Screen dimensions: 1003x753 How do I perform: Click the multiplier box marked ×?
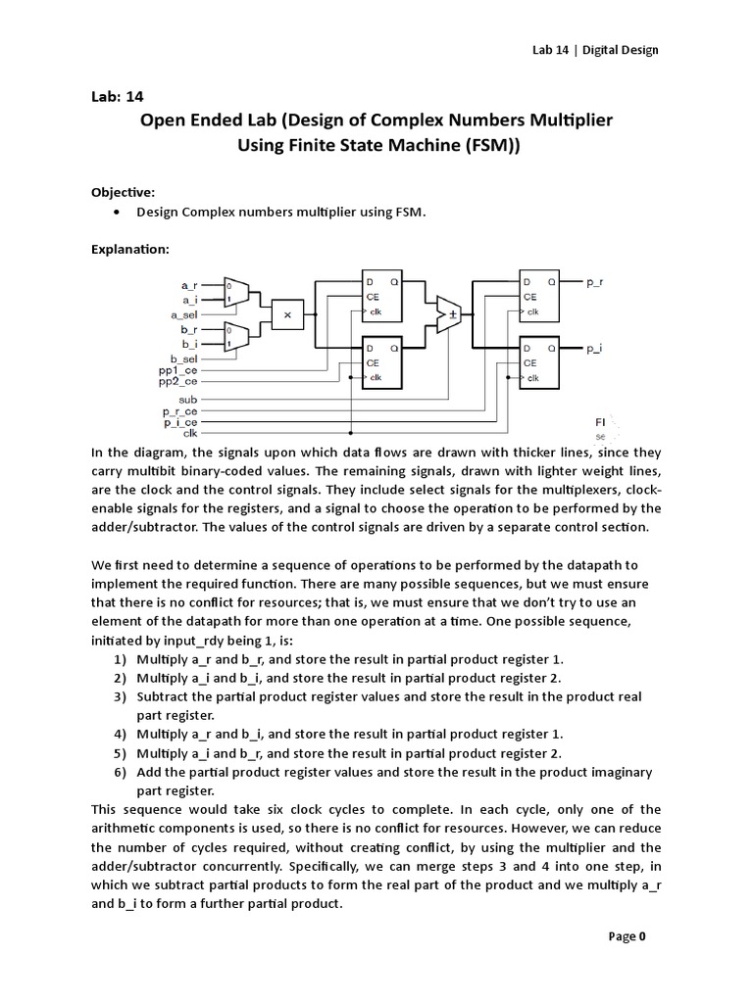(287, 315)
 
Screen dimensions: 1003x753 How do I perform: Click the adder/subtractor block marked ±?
(451, 314)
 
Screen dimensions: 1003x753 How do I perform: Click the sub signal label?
(188, 401)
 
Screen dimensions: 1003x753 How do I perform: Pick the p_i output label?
(594, 348)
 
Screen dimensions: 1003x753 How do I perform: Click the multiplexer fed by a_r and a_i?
(236, 292)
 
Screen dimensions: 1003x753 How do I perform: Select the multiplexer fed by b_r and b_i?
(236, 338)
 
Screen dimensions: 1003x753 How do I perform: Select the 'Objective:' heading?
(124, 192)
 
